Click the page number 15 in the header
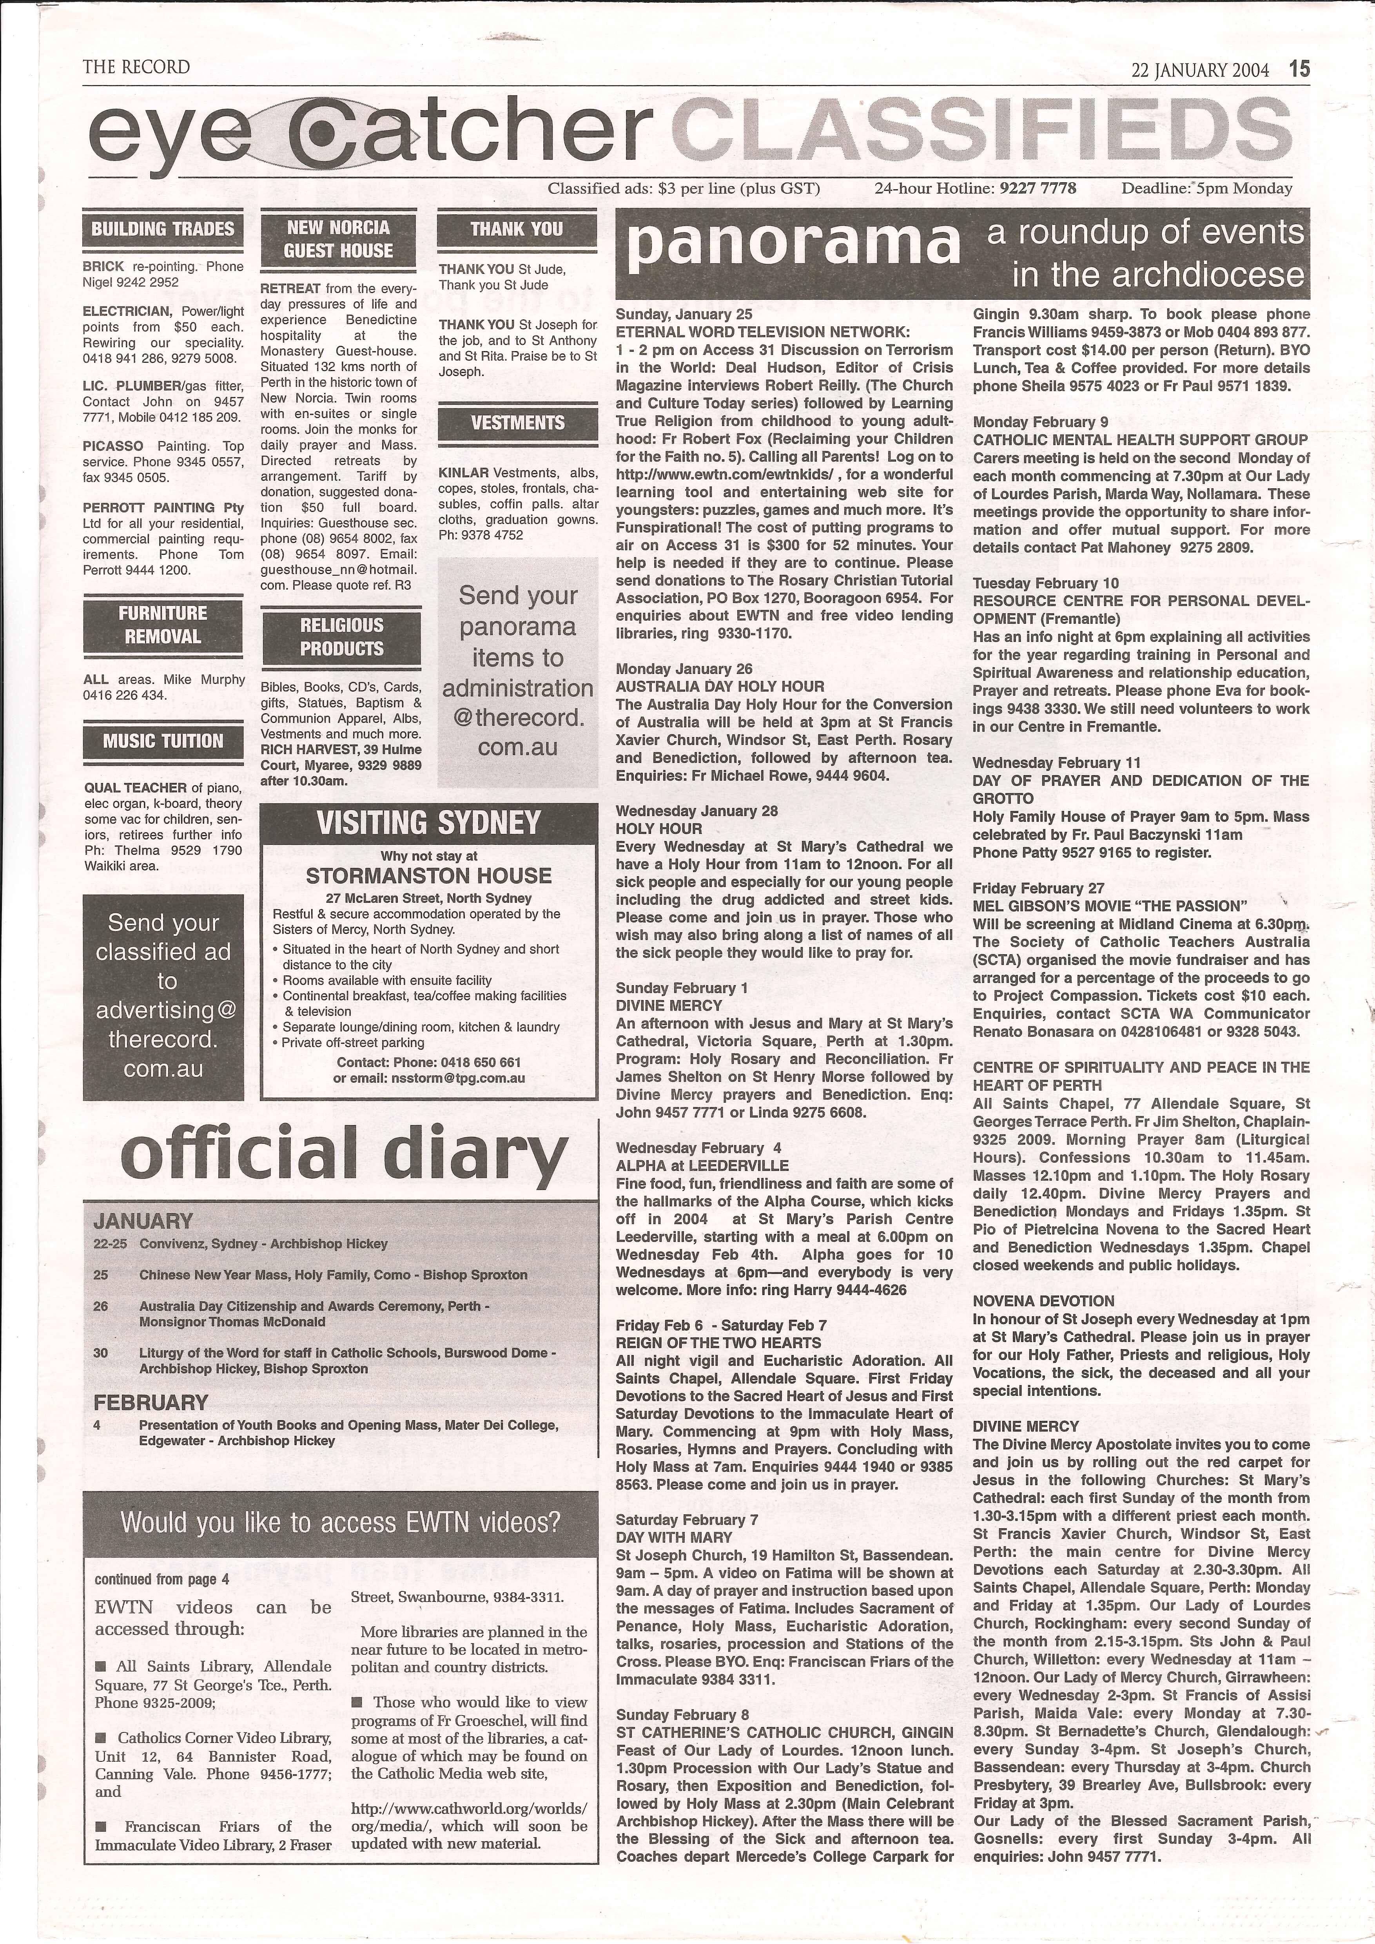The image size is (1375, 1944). (x=1300, y=69)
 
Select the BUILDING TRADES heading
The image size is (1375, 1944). (x=163, y=230)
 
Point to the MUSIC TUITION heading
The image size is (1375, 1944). (x=163, y=742)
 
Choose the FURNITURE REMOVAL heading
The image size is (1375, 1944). (x=163, y=625)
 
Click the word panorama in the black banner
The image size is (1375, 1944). (x=793, y=244)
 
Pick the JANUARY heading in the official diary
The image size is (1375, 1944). (x=143, y=1221)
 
